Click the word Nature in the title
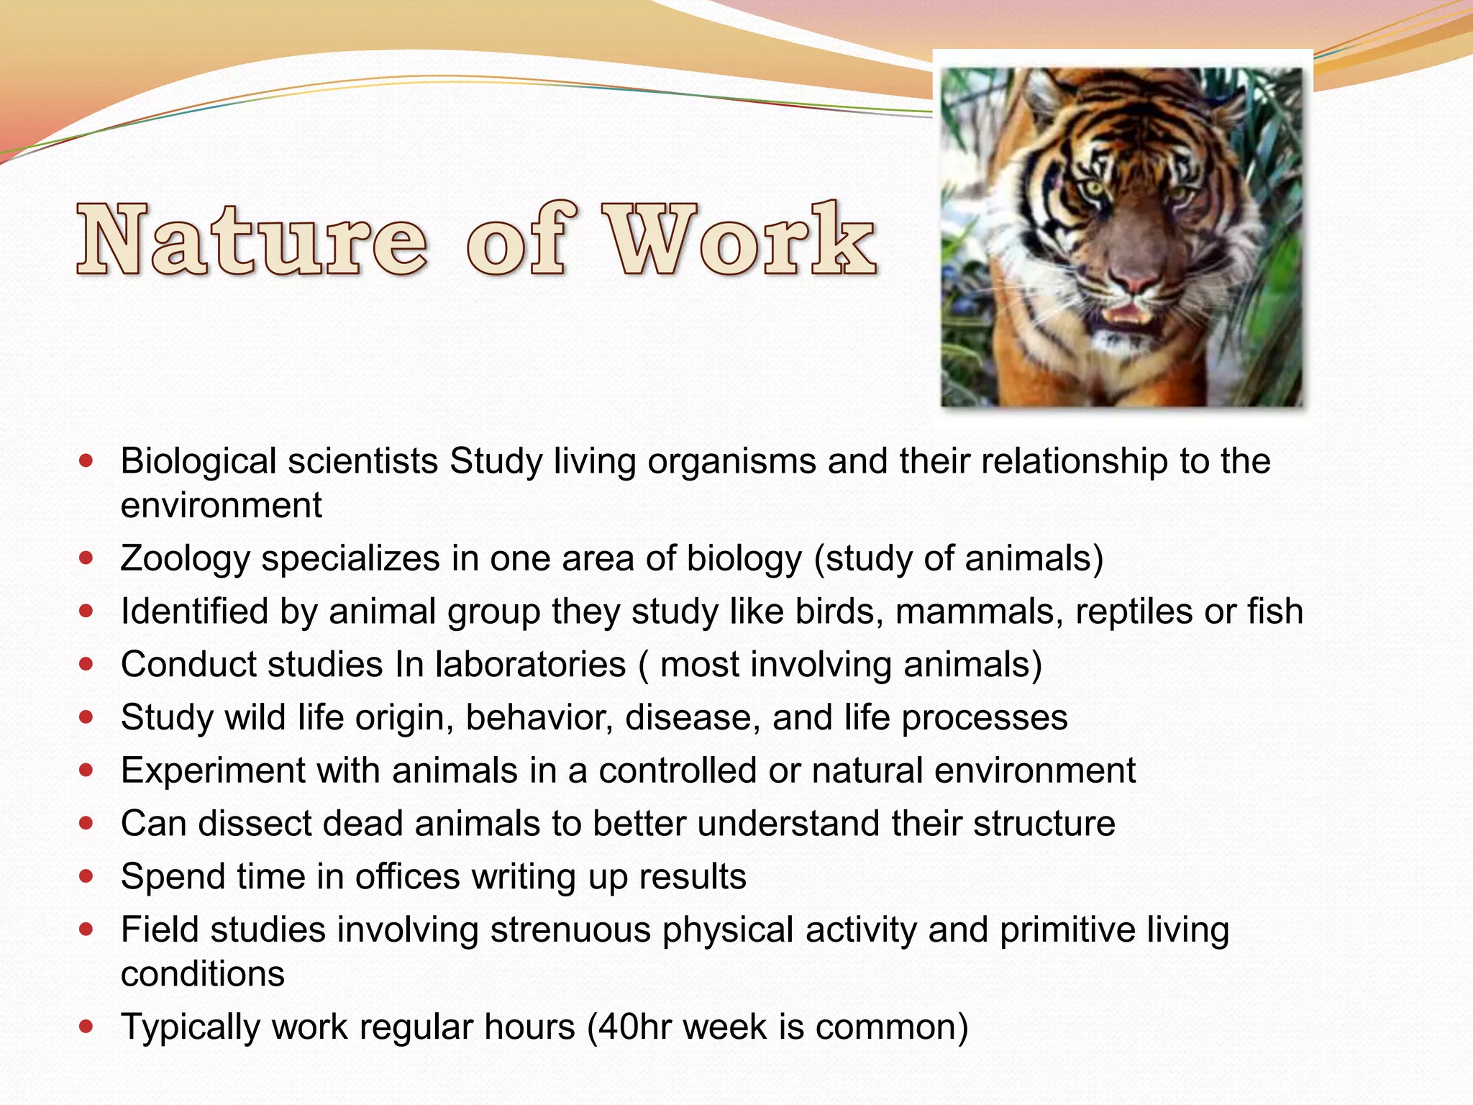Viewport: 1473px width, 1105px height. point(252,241)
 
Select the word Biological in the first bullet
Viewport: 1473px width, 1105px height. point(198,461)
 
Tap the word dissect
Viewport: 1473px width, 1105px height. point(255,823)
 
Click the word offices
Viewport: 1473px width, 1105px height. point(407,876)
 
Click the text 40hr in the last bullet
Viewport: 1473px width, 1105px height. point(629,1027)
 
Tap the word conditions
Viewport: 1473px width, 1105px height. point(202,974)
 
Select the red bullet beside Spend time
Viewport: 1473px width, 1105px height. point(86,876)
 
